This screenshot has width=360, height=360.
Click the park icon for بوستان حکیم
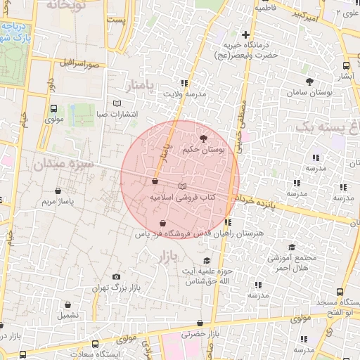coord(204,139)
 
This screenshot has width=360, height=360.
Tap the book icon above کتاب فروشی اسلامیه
coord(184,186)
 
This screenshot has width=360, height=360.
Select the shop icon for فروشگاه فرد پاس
coord(163,223)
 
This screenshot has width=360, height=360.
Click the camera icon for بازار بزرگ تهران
coord(116,277)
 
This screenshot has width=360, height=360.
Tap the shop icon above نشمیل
coord(68,305)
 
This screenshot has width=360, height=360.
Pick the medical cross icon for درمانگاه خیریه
coord(245,34)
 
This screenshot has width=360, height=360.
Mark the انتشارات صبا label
coord(117,113)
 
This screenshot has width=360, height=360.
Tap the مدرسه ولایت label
coord(185,93)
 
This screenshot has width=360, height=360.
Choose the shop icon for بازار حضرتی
coord(200,323)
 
